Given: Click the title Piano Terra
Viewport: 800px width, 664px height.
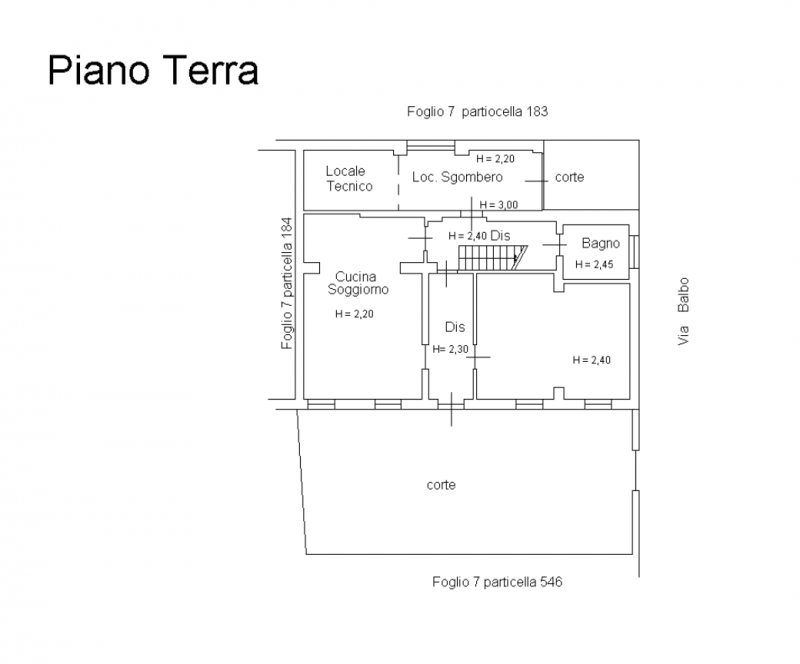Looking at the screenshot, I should pos(153,72).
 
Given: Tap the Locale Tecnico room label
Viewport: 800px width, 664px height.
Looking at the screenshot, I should pos(349,178).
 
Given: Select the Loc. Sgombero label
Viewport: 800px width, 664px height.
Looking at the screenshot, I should pos(457,177).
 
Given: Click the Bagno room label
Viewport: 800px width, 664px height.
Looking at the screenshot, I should pos(601,243).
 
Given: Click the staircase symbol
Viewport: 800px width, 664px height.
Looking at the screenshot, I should pos(491,259).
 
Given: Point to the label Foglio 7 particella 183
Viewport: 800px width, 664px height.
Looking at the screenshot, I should pos(479,111).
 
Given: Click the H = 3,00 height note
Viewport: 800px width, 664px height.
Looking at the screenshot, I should pos(498,205).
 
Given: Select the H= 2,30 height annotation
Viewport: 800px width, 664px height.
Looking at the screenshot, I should pos(451,349).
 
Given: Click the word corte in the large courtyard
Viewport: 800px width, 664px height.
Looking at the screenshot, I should pos(441,485).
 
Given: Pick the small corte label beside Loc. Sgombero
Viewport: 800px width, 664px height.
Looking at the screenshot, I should pos(570,177).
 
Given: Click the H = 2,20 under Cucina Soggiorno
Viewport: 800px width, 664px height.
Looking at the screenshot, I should pos(355,314).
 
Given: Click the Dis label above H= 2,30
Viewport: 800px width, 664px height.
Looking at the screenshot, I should pos(455,327).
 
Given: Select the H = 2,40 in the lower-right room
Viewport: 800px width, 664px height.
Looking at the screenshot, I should pos(591,360).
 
